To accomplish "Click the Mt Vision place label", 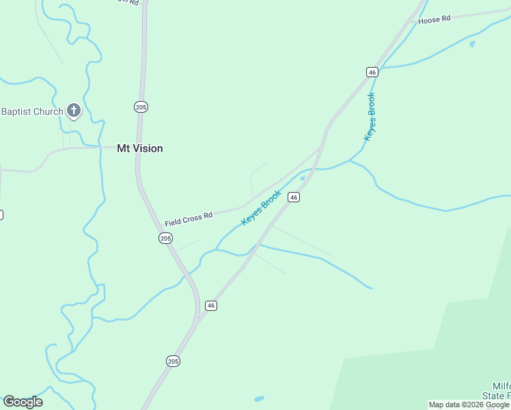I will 139,148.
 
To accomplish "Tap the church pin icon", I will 74,111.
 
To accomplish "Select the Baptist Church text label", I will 32,111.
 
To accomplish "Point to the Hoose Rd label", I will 434,20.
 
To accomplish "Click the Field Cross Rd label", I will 189,219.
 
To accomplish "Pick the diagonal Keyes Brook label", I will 262,208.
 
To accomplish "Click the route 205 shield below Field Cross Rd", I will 165,238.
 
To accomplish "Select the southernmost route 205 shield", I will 173,361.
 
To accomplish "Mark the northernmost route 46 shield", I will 372,72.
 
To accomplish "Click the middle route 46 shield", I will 294,197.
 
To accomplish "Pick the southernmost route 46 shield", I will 211,305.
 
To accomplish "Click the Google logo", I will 23,402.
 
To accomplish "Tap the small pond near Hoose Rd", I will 472,44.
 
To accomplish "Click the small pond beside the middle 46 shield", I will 302,178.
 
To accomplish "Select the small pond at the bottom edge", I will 259,398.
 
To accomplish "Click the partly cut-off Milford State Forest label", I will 497,392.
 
